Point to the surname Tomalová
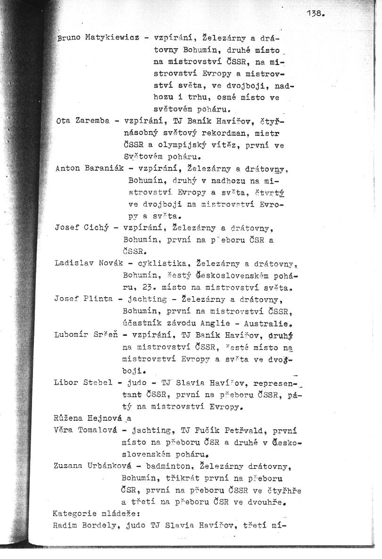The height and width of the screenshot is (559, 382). pos(98,430)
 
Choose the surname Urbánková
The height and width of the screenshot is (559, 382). pos(104,466)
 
